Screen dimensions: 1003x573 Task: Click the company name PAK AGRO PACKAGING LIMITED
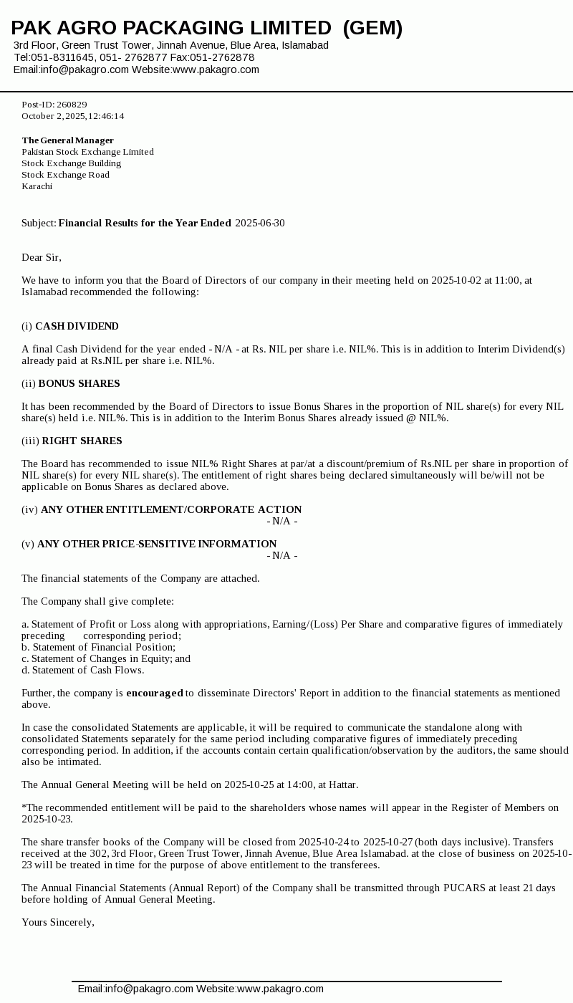171,28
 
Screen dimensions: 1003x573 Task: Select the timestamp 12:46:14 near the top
106,116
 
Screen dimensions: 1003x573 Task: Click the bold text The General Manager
67,140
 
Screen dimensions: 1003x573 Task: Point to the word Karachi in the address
37,186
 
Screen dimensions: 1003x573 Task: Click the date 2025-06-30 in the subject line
259,223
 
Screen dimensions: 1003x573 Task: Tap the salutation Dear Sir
42,257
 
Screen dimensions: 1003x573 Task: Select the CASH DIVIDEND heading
77,326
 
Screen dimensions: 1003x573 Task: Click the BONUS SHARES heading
79,383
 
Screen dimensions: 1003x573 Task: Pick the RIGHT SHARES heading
82,441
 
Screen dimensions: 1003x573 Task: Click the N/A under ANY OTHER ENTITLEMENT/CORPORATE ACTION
281,521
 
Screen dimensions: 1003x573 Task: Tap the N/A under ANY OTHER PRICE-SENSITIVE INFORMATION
281,555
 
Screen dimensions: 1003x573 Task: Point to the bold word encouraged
155,693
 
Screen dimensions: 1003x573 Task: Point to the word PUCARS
464,888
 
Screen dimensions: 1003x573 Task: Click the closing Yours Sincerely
58,922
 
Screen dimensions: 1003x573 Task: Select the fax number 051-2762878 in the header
222,57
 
